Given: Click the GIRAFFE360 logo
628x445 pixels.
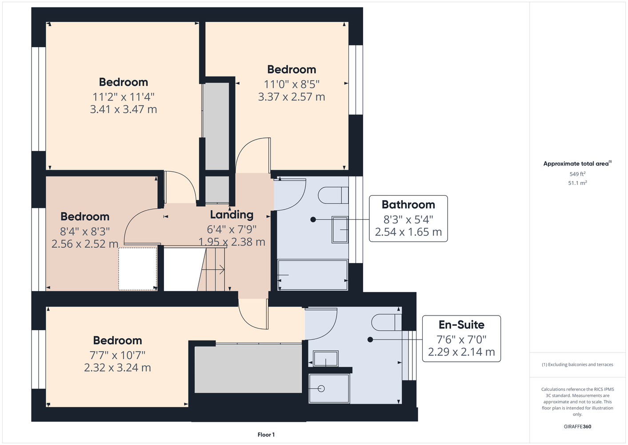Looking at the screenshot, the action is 577,426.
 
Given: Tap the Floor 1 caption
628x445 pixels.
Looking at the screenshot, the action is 266,435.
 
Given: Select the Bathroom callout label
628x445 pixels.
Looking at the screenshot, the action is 408,205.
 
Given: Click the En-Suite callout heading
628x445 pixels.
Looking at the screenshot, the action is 461,325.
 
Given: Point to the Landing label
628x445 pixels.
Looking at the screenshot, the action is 232,215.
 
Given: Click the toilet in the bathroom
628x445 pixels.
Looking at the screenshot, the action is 333,195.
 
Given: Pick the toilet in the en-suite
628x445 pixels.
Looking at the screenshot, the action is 386,322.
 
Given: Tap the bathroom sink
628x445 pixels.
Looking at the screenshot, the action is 340,229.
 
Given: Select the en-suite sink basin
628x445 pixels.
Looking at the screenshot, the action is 325,358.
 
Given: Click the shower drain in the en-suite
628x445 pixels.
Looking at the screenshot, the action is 321,388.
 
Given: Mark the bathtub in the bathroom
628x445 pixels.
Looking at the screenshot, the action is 312,275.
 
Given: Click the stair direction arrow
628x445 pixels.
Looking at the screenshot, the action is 213,270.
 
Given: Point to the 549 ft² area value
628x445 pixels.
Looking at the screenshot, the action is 577,174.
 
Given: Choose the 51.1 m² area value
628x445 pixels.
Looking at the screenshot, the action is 577,183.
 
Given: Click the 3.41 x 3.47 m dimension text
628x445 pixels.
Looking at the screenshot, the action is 124,109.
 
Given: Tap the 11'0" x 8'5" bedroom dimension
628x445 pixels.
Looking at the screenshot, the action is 292,84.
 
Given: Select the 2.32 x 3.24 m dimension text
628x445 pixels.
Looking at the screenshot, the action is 117,368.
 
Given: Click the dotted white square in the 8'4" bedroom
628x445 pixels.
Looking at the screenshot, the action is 137,269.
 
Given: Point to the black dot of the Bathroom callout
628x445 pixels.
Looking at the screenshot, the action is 313,219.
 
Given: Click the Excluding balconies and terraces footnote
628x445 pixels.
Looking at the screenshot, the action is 577,365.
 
